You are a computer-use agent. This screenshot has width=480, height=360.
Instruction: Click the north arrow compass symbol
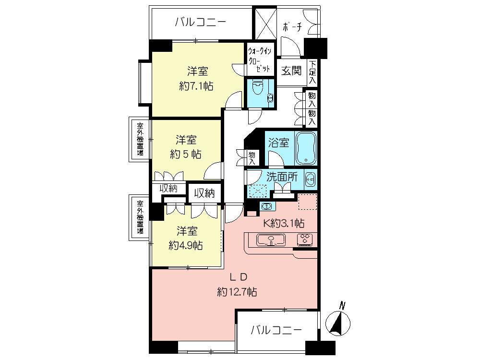pyautogui.click(x=339, y=323)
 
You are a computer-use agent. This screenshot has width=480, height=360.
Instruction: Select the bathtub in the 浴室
pyautogui.click(x=305, y=148)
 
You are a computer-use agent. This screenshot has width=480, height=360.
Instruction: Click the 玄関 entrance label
pyautogui.click(x=291, y=71)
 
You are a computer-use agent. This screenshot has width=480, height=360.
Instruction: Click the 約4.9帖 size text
pyautogui.click(x=185, y=245)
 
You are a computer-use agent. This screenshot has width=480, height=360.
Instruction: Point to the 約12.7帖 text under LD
pyautogui.click(x=237, y=291)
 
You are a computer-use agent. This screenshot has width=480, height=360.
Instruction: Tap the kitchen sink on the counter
pyautogui.click(x=271, y=240)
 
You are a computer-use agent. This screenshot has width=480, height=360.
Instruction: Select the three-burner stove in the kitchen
pyautogui.click(x=305, y=239)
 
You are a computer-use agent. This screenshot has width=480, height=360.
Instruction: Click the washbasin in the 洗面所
pyautogui.click(x=310, y=179)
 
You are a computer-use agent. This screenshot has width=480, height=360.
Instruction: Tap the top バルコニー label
pyautogui.click(x=200, y=22)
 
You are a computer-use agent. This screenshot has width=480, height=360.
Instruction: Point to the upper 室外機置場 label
pyautogui.click(x=140, y=138)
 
